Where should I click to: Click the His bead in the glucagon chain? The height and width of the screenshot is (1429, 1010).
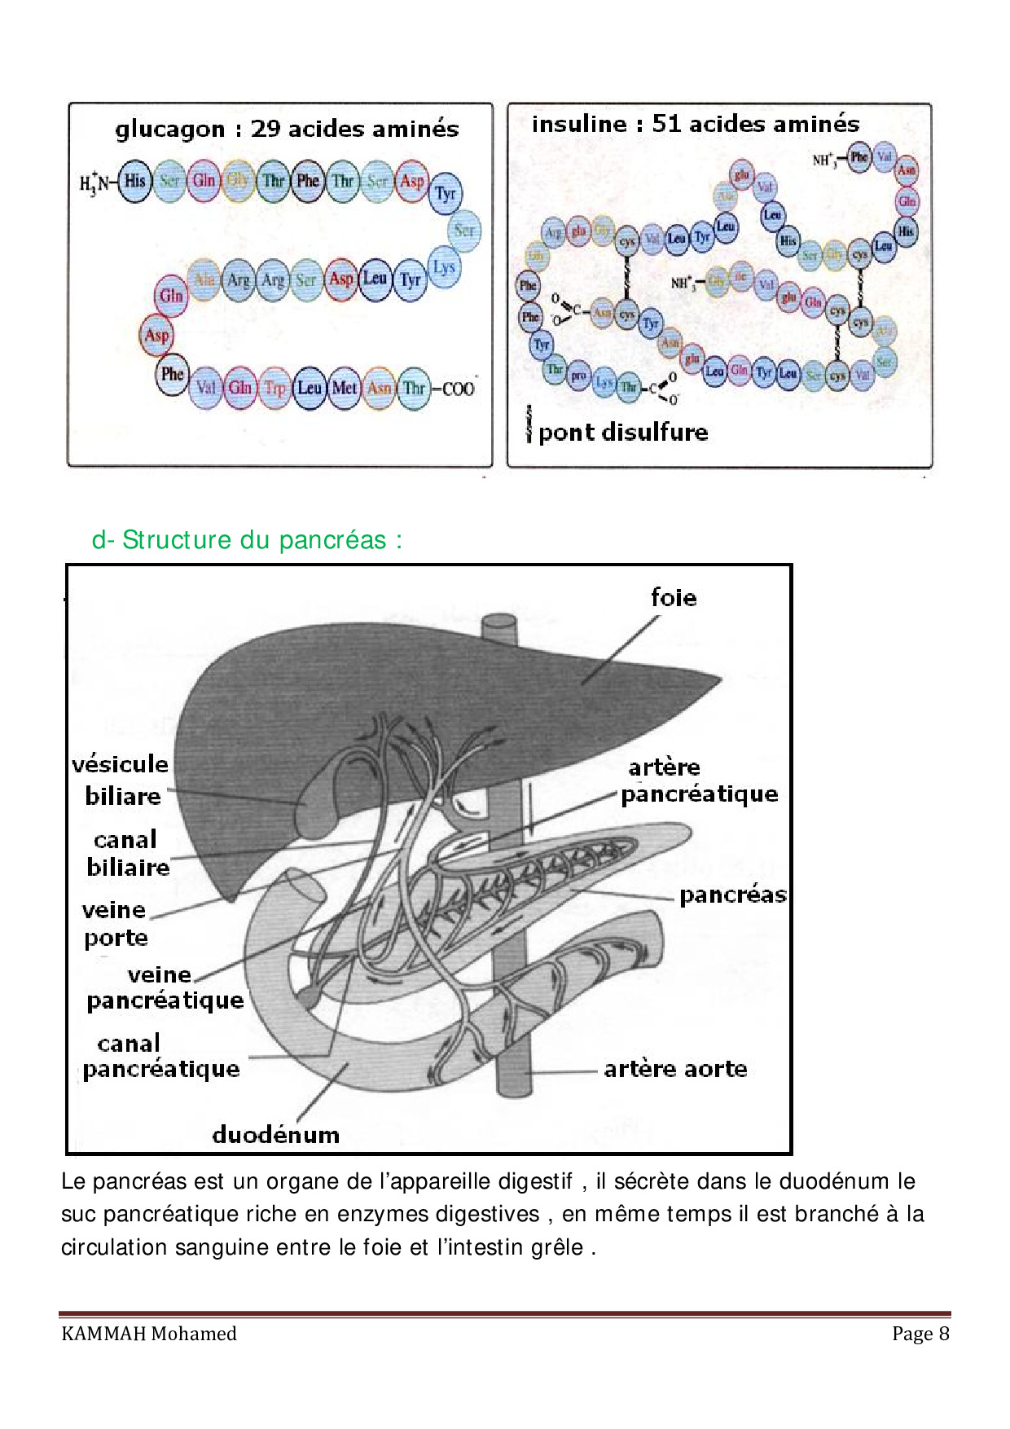pyautogui.click(x=134, y=181)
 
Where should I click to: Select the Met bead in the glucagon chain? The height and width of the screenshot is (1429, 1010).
pyautogui.click(x=344, y=388)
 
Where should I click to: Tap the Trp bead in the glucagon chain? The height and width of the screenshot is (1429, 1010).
pyautogui.click(x=274, y=388)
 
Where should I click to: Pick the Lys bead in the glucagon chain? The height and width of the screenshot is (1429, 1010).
pyautogui.click(x=444, y=267)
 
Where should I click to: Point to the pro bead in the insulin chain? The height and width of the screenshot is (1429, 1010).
pyautogui.click(x=578, y=376)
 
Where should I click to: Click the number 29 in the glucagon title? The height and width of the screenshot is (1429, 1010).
pyautogui.click(x=266, y=129)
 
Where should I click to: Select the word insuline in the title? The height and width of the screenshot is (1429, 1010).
pyautogui.click(x=579, y=124)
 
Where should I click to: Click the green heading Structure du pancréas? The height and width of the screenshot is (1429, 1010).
pyautogui.click(x=247, y=539)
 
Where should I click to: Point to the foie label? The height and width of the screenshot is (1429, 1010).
pyautogui.click(x=674, y=597)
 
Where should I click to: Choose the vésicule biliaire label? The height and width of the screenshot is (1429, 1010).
pyautogui.click(x=121, y=780)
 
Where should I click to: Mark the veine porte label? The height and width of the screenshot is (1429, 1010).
pyautogui.click(x=115, y=923)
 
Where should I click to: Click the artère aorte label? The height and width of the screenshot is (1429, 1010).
pyautogui.click(x=675, y=1068)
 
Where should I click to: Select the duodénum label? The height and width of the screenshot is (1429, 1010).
pyautogui.click(x=275, y=1134)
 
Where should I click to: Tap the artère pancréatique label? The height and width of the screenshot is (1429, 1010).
pyautogui.click(x=698, y=780)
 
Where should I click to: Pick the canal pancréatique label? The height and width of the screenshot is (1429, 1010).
pyautogui.click(x=161, y=1056)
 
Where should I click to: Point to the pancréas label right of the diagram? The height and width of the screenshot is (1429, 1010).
pyautogui.click(x=732, y=895)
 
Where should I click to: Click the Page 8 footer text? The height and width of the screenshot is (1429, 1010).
pyautogui.click(x=920, y=1334)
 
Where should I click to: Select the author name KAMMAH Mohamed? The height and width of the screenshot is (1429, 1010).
pyautogui.click(x=149, y=1334)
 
